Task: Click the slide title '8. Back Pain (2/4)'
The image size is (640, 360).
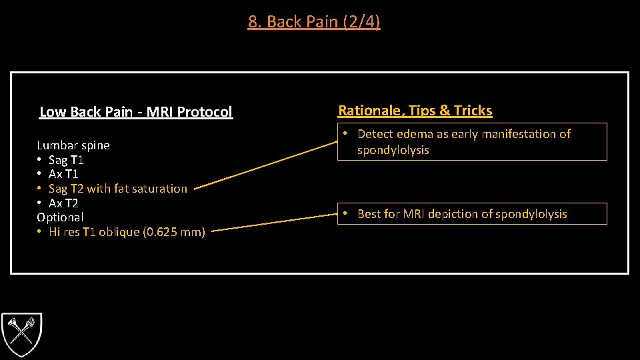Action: click(314, 22)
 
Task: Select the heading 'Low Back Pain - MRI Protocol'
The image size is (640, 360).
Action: click(136, 112)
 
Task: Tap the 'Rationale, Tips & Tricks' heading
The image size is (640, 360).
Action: click(415, 111)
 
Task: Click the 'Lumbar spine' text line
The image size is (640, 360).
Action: click(73, 145)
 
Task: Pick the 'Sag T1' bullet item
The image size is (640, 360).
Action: click(66, 160)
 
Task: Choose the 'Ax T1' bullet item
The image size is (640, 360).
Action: click(65, 174)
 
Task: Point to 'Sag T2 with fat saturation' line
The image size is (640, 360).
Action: click(118, 189)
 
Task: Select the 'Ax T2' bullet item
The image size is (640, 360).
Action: click(63, 203)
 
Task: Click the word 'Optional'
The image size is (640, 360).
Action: click(60, 217)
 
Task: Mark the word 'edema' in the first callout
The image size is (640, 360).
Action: click(414, 134)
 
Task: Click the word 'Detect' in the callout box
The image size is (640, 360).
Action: click(375, 134)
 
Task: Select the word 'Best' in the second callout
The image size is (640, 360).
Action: click(371, 214)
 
